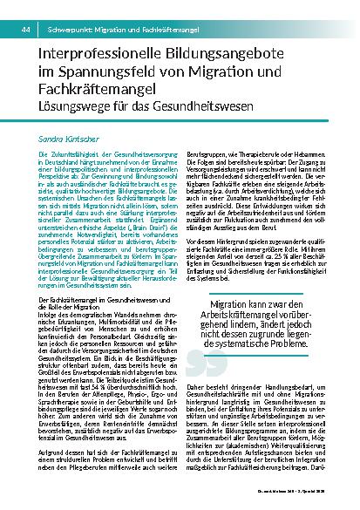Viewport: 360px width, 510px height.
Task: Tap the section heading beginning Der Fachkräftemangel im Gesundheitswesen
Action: coord(92,323)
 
